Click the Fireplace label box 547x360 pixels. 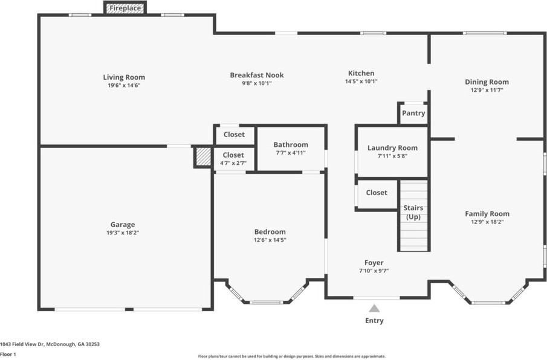pyautogui.click(x=125, y=8)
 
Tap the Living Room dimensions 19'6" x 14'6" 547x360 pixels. pyautogui.click(x=124, y=85)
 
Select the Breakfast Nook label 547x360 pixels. pyautogui.click(x=257, y=75)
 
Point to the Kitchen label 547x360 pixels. pyautogui.click(x=361, y=73)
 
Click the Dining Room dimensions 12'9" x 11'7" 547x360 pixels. pyautogui.click(x=487, y=90)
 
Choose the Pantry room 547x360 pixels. pyautogui.click(x=413, y=113)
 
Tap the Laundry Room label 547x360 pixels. pyautogui.click(x=392, y=148)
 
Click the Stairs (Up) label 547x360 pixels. pyautogui.click(x=413, y=212)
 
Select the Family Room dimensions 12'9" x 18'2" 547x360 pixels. pyautogui.click(x=487, y=222)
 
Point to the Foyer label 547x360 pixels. pyautogui.click(x=374, y=263)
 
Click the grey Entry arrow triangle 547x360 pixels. pyautogui.click(x=374, y=309)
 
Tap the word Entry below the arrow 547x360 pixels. pyautogui.click(x=374, y=321)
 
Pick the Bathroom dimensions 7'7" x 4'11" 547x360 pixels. pyautogui.click(x=291, y=153)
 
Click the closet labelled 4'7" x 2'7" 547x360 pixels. pyautogui.click(x=233, y=159)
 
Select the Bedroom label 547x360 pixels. pyautogui.click(x=270, y=232)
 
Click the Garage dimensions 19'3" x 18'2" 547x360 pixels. pyautogui.click(x=123, y=233)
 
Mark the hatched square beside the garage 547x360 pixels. pyautogui.click(x=203, y=157)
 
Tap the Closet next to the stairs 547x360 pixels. pyautogui.click(x=377, y=193)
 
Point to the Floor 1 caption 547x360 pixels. pyautogui.click(x=8, y=355)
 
